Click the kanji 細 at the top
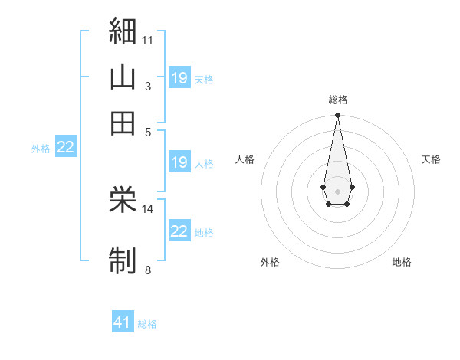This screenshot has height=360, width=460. click(x=123, y=31)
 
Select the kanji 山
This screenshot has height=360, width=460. click(x=123, y=77)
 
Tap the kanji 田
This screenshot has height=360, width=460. click(x=123, y=123)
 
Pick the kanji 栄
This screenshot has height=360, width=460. click(x=123, y=199)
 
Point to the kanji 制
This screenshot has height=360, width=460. click(x=123, y=260)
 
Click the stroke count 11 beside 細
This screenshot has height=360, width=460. click(x=147, y=41)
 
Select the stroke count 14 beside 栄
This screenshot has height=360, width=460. click(x=147, y=209)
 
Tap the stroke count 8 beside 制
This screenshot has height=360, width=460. click(x=148, y=270)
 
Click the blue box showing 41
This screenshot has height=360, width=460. click(x=123, y=321)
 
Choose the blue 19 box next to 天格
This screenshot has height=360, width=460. click(x=179, y=77)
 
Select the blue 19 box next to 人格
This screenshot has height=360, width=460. click(x=179, y=162)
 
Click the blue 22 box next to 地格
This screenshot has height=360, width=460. click(x=179, y=230)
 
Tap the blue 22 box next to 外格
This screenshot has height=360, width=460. click(x=66, y=146)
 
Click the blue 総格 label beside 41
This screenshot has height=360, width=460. click(x=147, y=324)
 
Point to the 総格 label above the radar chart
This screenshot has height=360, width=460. click(x=338, y=100)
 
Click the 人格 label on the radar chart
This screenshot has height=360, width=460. click(x=245, y=159)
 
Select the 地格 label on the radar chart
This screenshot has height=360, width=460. click(x=402, y=262)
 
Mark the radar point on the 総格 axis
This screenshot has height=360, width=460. click(x=337, y=115)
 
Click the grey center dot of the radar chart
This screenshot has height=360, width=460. click(x=337, y=191)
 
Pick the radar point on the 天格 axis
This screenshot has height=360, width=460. click(x=353, y=187)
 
